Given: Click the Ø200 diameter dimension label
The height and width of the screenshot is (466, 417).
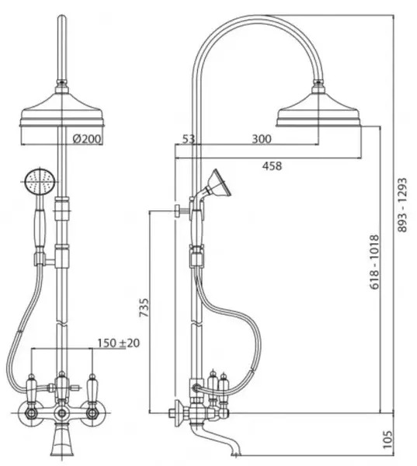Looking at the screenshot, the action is pyautogui.click(x=87, y=138).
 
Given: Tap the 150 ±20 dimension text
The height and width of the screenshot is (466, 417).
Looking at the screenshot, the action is pyautogui.click(x=118, y=343).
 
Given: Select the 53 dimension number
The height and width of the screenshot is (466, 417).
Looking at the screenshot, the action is pyautogui.click(x=188, y=139).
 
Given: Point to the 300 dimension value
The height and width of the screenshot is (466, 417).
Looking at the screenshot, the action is pyautogui.click(x=262, y=139).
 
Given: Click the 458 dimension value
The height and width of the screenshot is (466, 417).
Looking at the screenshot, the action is pyautogui.click(x=272, y=166).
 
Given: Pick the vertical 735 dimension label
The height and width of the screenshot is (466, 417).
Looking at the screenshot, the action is pyautogui.click(x=144, y=308).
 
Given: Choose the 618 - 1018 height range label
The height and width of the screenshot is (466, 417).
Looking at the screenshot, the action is pyautogui.click(x=374, y=262).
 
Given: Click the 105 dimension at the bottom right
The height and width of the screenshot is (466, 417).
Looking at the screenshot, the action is pyautogui.click(x=387, y=440).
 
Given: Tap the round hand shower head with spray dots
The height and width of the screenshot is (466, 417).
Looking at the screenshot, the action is pyautogui.click(x=40, y=181).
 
